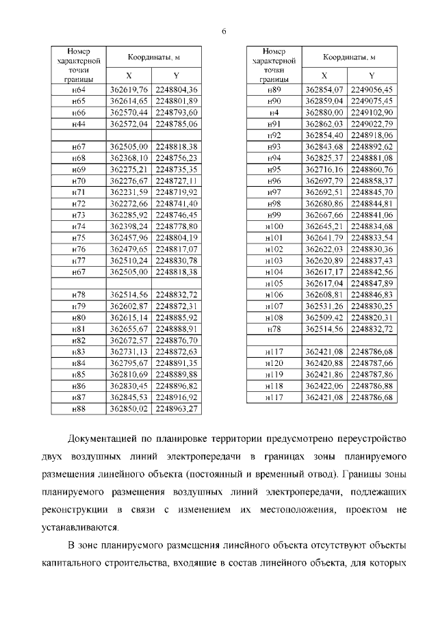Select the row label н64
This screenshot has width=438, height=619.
pos(79,90)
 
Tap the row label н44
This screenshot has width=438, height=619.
pos(79,124)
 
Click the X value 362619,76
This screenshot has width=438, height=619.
pos(129,90)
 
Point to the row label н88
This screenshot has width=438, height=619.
pos(79,408)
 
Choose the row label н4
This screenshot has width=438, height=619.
pos(274,112)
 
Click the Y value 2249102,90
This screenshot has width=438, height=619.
pos(372,112)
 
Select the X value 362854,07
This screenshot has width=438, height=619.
pos(324,90)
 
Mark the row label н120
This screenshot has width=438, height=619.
pos(274,363)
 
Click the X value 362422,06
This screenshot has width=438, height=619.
pos(324,386)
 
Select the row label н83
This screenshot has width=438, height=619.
pos(79,352)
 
